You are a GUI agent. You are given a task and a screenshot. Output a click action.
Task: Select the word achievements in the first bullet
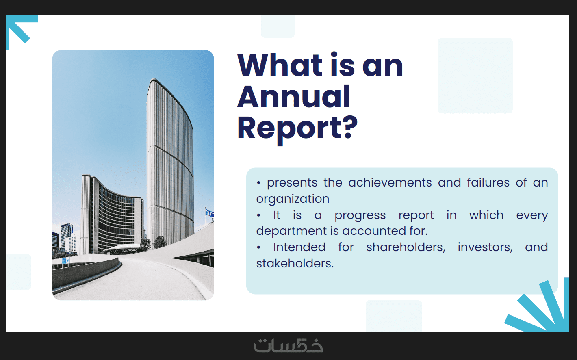click(x=390, y=182)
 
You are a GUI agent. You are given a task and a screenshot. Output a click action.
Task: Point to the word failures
click(x=488, y=182)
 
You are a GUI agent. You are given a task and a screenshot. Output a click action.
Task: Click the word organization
click(x=293, y=199)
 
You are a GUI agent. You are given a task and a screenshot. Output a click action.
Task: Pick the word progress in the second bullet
click(x=360, y=215)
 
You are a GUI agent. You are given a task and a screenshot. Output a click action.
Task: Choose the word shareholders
click(x=406, y=247)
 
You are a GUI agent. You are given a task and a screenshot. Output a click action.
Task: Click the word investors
click(x=485, y=247)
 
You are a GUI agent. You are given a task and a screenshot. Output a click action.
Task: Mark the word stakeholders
click(x=295, y=263)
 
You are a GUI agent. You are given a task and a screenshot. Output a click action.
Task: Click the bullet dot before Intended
click(x=258, y=248)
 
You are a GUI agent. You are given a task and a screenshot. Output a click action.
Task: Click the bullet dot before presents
click(x=258, y=183)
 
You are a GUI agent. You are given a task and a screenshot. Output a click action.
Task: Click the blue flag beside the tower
click(x=209, y=213)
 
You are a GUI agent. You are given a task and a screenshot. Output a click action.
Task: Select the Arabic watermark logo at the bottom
click(x=288, y=346)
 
